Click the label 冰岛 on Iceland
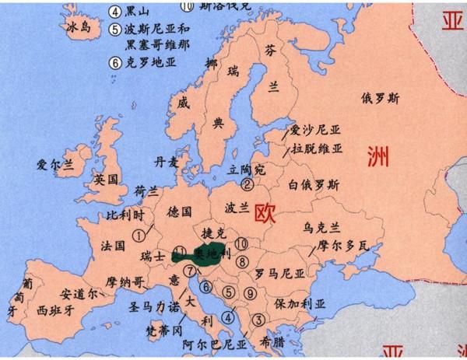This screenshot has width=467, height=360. click(x=81, y=26)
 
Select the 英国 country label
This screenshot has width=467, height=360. click(x=105, y=180)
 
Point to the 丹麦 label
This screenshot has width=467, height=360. click(x=167, y=163)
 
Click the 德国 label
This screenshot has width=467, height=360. click(x=179, y=211)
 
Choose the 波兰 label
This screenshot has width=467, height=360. click(x=237, y=208)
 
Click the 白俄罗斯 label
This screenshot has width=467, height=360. click(x=313, y=185)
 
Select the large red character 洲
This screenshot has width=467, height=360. click(x=378, y=159)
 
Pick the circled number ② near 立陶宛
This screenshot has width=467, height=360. click(x=247, y=184)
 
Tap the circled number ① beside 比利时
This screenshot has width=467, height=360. click(x=139, y=232)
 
